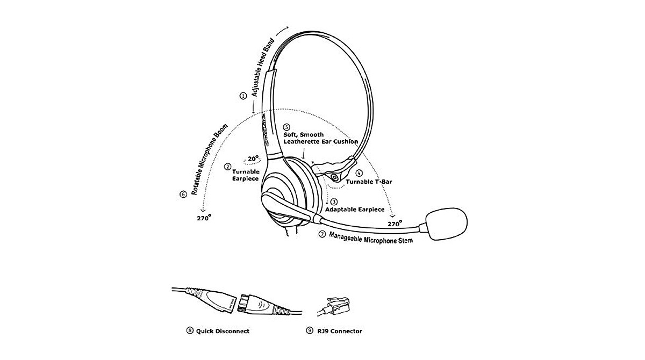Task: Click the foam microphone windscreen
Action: coord(446,223)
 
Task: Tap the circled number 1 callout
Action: coord(243,96)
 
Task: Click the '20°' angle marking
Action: coord(252,159)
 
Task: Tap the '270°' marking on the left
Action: coord(204,218)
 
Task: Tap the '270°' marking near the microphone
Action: coord(395,224)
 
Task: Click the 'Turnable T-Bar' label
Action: coord(369,182)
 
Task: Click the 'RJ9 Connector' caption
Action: coord(341,331)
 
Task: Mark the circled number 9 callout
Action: coord(309,331)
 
